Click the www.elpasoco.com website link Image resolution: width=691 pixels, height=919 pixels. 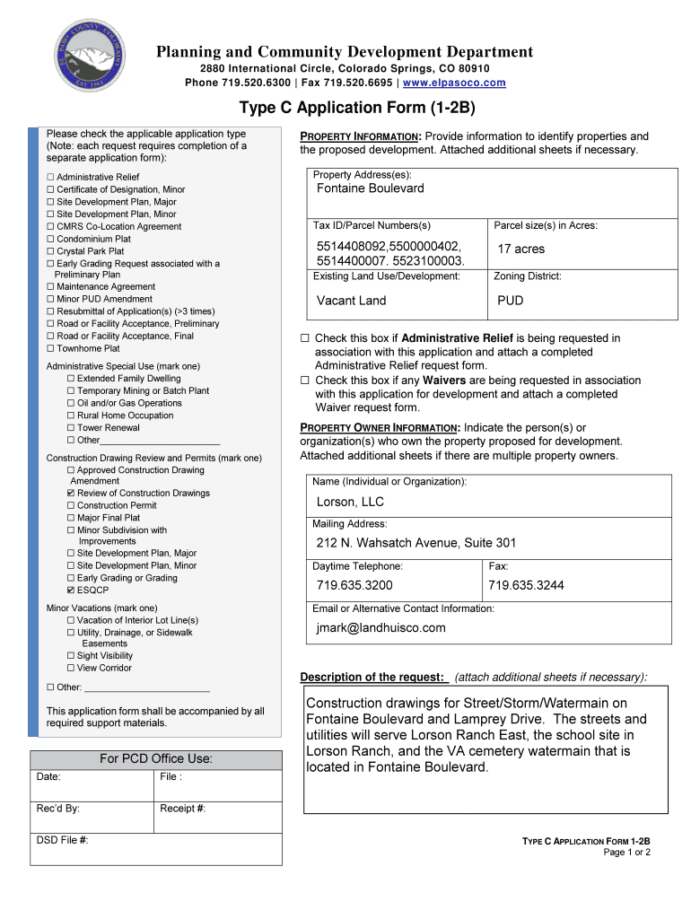[454, 83]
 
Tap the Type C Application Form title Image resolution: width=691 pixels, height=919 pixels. [345, 108]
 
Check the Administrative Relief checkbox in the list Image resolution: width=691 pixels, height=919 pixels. [50, 178]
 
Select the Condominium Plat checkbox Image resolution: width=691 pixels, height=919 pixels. [50, 240]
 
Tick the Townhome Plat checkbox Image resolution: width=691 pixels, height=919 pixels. [50, 348]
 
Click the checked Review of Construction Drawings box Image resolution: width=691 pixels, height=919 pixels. [71, 494]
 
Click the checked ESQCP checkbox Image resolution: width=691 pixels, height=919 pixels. [71, 591]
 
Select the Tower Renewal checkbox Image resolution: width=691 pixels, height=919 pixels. [71, 428]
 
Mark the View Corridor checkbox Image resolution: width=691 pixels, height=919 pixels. [71, 668]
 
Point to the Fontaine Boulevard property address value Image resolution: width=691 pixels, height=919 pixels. [370, 188]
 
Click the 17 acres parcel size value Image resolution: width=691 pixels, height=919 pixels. [520, 249]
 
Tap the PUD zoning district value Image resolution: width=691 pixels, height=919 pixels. [510, 301]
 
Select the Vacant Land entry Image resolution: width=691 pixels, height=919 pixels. [351, 301]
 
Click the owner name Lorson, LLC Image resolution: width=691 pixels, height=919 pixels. [349, 502]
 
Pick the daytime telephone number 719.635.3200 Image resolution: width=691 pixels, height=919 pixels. [354, 585]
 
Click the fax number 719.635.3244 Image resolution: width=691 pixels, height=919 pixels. [526, 585]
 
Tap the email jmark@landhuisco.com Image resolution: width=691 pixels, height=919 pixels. [380, 628]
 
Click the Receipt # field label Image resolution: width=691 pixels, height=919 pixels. [183, 809]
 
